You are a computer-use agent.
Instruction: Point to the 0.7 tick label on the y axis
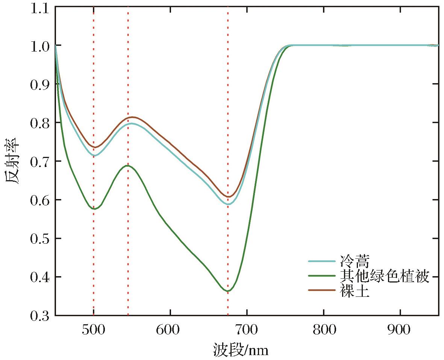(x=39, y=161)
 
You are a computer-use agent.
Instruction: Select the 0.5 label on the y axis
(x=39, y=238)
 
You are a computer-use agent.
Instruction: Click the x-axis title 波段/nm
(x=241, y=350)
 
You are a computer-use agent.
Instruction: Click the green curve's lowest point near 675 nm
(x=228, y=291)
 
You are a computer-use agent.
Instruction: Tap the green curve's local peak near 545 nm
(x=128, y=166)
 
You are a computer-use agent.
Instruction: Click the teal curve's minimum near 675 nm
(x=228, y=204)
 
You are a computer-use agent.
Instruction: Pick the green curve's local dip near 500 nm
(x=95, y=209)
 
